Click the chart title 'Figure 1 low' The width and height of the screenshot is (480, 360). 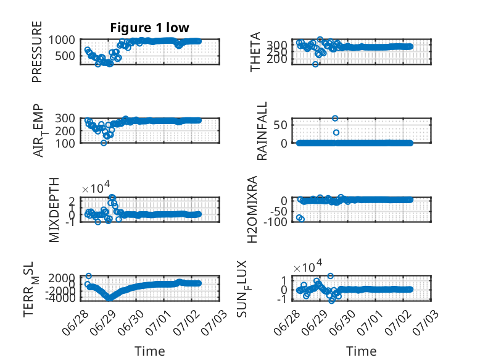[150, 28]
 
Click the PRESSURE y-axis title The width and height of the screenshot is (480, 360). [37, 52]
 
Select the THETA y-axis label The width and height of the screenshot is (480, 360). [255, 52]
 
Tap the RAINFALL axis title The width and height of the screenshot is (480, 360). [262, 131]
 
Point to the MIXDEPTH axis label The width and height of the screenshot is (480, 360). [54, 210]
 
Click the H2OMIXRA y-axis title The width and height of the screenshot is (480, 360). [252, 209]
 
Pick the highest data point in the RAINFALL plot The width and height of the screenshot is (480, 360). [335, 119]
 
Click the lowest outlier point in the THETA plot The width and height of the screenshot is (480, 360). [315, 64]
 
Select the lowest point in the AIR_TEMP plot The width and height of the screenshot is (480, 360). [104, 143]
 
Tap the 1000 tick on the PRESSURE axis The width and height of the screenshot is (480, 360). [62, 40]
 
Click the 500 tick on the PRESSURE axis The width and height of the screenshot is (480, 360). [65, 56]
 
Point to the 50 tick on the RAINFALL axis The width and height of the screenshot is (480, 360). [280, 125]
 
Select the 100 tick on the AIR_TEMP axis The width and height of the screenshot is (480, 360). [65, 143]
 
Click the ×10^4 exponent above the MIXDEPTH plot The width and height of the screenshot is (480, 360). [96, 187]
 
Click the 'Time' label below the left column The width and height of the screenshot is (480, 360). [150, 351]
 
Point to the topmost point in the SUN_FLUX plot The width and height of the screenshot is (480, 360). [330, 276]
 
